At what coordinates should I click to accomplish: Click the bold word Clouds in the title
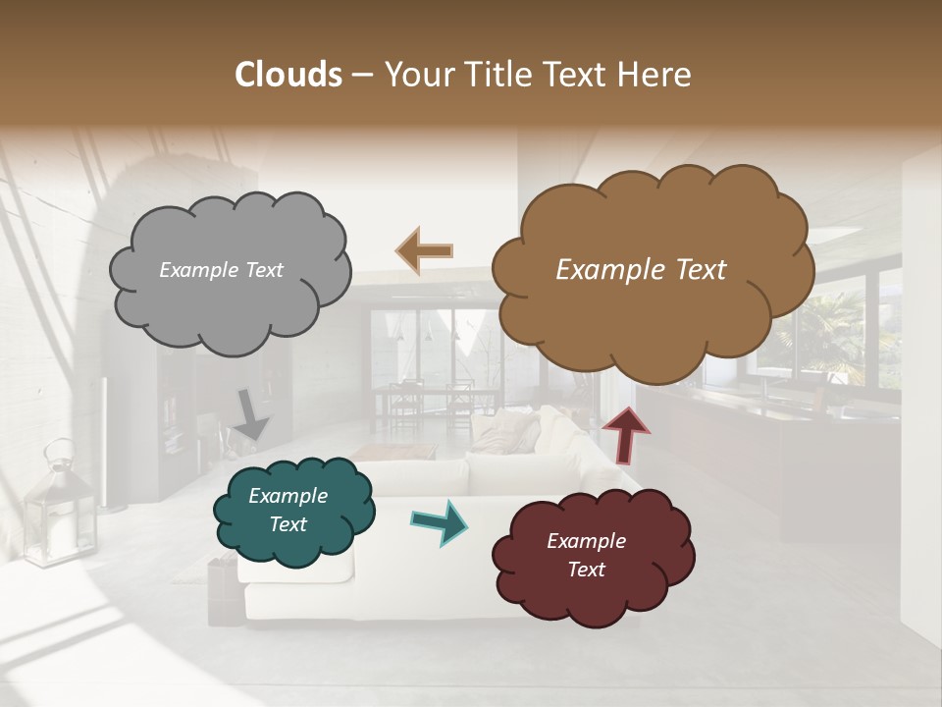point(288,75)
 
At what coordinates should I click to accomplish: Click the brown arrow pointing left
point(424,249)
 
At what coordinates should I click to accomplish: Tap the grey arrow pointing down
point(251,414)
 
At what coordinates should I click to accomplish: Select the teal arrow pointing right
point(439,521)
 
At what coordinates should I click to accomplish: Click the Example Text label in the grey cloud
point(221,270)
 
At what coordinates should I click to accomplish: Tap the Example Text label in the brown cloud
point(641,270)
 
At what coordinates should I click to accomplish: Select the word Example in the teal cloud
point(288,496)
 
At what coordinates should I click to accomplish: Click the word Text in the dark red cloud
point(586,570)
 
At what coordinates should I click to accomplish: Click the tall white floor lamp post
point(106,442)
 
